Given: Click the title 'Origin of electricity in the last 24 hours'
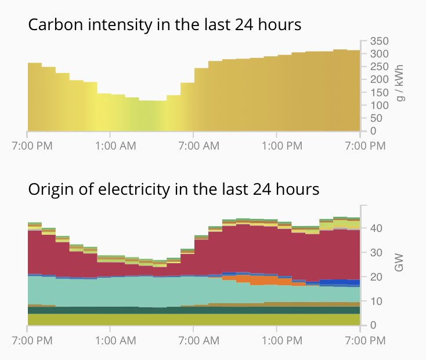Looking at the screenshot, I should tap(174, 189).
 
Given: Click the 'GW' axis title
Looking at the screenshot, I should tap(399, 264).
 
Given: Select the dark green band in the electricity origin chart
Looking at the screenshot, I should tap(174, 310).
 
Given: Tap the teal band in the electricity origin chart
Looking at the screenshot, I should tap(145, 290).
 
